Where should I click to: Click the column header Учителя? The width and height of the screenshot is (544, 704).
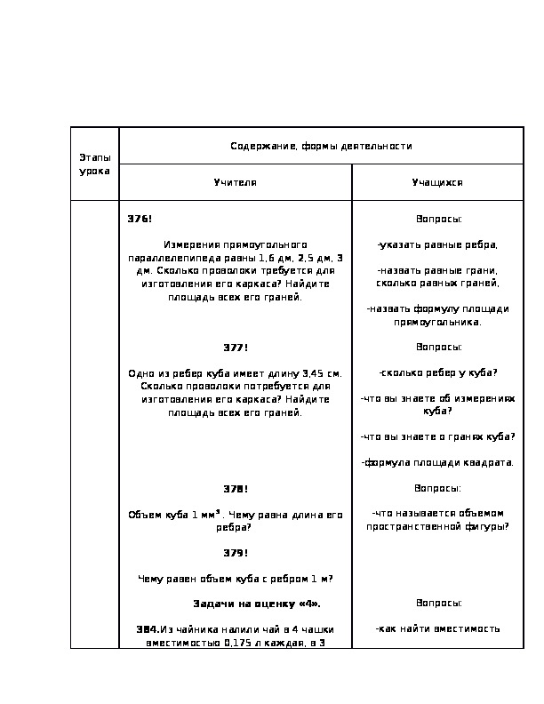click(235, 182)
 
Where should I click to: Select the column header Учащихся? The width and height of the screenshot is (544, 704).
click(437, 182)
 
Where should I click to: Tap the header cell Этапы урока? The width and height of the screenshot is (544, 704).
click(94, 164)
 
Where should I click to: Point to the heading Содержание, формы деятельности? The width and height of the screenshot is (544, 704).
click(321, 146)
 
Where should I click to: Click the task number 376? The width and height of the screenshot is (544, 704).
click(140, 219)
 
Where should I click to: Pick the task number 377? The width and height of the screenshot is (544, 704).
click(235, 348)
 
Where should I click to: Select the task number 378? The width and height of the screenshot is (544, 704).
click(235, 489)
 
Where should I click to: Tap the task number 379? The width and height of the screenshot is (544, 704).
click(235, 553)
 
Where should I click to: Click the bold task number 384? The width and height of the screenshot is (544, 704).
click(148, 629)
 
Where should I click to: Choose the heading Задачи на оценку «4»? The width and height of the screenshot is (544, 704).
click(257, 604)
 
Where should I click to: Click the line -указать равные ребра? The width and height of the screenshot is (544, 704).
click(437, 244)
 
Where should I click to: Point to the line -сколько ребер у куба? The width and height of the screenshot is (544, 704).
click(437, 373)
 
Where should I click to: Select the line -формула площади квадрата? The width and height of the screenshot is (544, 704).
click(437, 463)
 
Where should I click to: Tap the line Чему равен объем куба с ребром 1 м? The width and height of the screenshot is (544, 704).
click(235, 579)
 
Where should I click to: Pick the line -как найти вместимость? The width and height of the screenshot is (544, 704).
click(437, 629)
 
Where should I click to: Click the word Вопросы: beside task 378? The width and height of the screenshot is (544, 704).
click(437, 489)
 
